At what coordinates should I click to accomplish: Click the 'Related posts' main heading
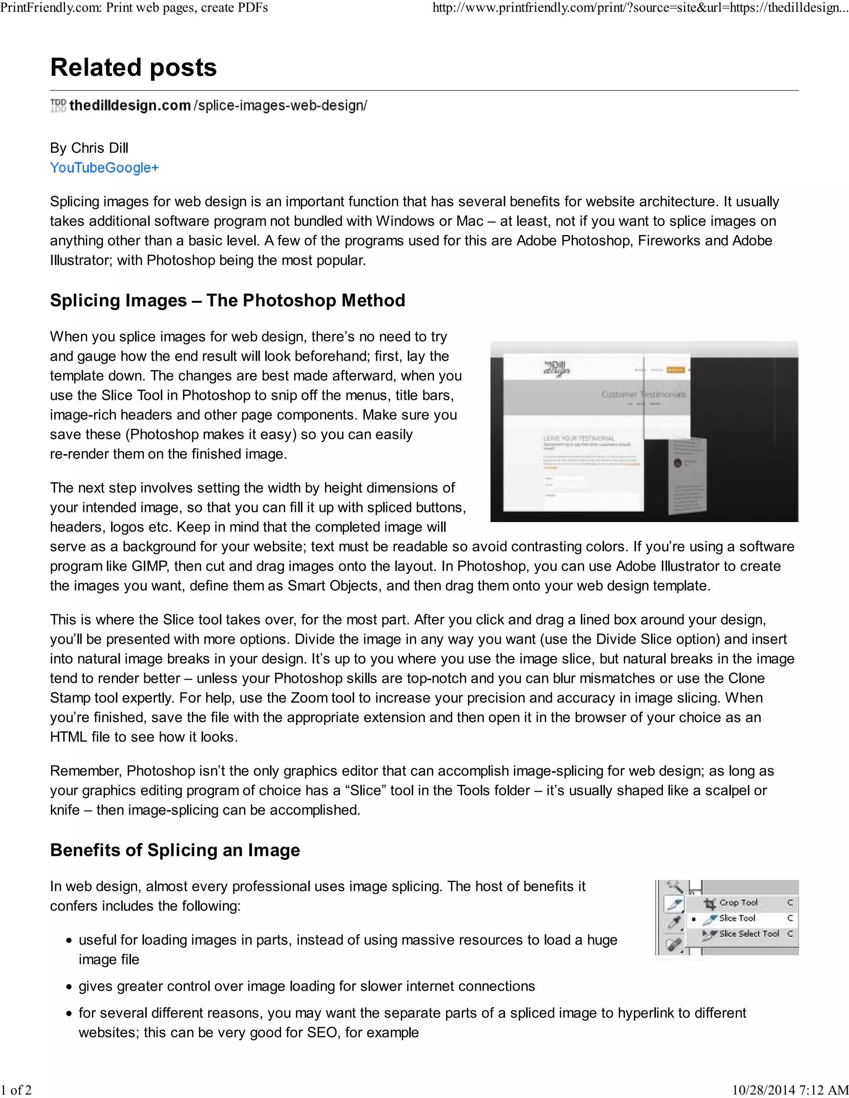[x=133, y=68]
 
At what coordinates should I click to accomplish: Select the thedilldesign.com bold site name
[x=130, y=106]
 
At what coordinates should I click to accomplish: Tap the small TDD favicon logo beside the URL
[x=58, y=106]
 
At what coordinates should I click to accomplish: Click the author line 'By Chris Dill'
[x=89, y=148]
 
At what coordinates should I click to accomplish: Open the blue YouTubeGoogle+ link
[x=104, y=168]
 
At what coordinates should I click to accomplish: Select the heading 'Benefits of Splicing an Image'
[x=175, y=850]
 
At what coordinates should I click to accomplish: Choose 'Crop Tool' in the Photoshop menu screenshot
[x=738, y=902]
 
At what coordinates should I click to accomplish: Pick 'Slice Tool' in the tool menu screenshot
[x=737, y=918]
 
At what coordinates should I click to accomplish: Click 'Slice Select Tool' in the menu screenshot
[x=748, y=934]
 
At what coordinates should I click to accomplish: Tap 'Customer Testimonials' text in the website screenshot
[x=643, y=394]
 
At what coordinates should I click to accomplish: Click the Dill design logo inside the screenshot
[x=557, y=368]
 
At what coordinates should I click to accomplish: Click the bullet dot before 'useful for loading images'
[x=69, y=941]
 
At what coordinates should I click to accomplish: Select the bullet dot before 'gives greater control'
[x=69, y=987]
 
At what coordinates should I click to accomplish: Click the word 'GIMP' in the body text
[x=149, y=566]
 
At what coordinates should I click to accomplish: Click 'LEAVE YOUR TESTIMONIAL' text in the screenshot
[x=578, y=438]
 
